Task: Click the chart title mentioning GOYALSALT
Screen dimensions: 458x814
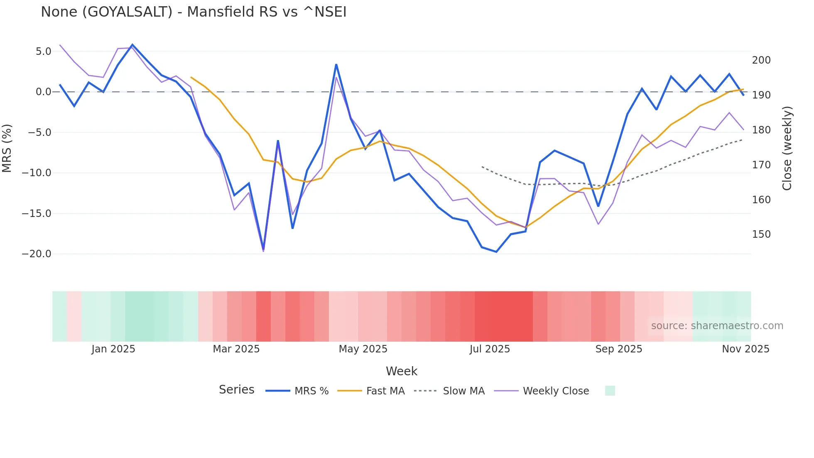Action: click(x=194, y=12)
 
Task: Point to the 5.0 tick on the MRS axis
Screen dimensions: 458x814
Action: click(x=43, y=52)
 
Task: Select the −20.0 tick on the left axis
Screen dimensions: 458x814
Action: click(x=37, y=254)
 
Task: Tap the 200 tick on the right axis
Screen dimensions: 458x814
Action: click(x=761, y=60)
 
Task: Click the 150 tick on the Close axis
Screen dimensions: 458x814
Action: click(x=761, y=234)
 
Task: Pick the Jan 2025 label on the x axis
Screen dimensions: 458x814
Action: click(x=113, y=349)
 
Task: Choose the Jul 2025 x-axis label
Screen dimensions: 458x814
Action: click(x=490, y=349)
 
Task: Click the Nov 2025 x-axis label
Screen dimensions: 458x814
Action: click(x=745, y=349)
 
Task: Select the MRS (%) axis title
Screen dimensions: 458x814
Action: click(x=7, y=148)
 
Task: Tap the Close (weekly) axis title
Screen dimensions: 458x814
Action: click(x=787, y=148)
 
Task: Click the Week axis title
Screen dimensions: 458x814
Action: click(x=401, y=371)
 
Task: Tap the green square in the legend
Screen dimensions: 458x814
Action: click(x=610, y=391)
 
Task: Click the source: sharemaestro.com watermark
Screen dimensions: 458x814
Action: click(x=717, y=326)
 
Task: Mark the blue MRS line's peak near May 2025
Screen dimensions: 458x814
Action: click(x=336, y=64)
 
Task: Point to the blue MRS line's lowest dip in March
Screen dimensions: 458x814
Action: click(x=263, y=249)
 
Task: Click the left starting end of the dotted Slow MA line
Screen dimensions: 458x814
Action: click(x=482, y=167)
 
